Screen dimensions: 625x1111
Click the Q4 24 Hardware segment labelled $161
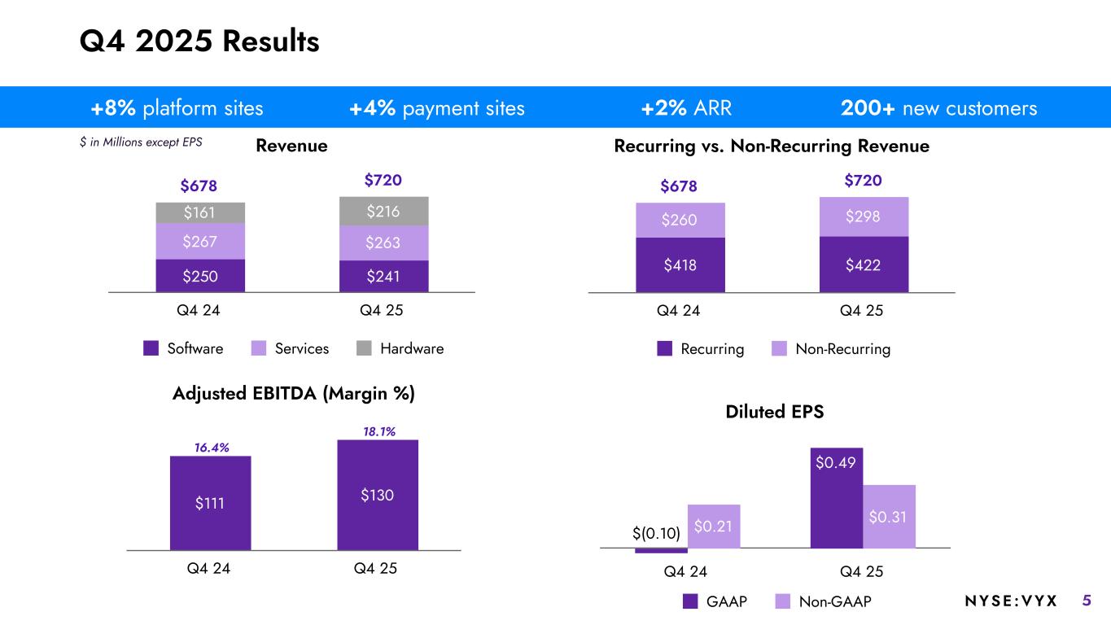point(200,213)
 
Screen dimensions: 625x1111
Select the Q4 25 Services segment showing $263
point(383,243)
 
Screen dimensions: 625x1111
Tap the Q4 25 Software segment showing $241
point(383,276)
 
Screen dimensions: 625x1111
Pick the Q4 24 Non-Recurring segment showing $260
point(680,221)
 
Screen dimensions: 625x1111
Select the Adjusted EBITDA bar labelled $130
point(378,495)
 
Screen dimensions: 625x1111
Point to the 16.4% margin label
point(211,448)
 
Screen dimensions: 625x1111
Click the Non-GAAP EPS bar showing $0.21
point(714,526)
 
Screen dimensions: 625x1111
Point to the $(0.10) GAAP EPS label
point(656,534)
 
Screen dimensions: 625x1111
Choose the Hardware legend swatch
point(365,348)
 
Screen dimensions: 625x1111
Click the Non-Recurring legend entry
point(832,349)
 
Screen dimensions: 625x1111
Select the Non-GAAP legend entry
point(824,601)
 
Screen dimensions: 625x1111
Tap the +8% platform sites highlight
point(177,108)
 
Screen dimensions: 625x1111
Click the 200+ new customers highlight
point(938,108)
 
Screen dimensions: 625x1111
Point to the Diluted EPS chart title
point(774,412)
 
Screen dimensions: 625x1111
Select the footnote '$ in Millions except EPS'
point(140,142)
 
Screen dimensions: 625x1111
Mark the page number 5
point(1087,601)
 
